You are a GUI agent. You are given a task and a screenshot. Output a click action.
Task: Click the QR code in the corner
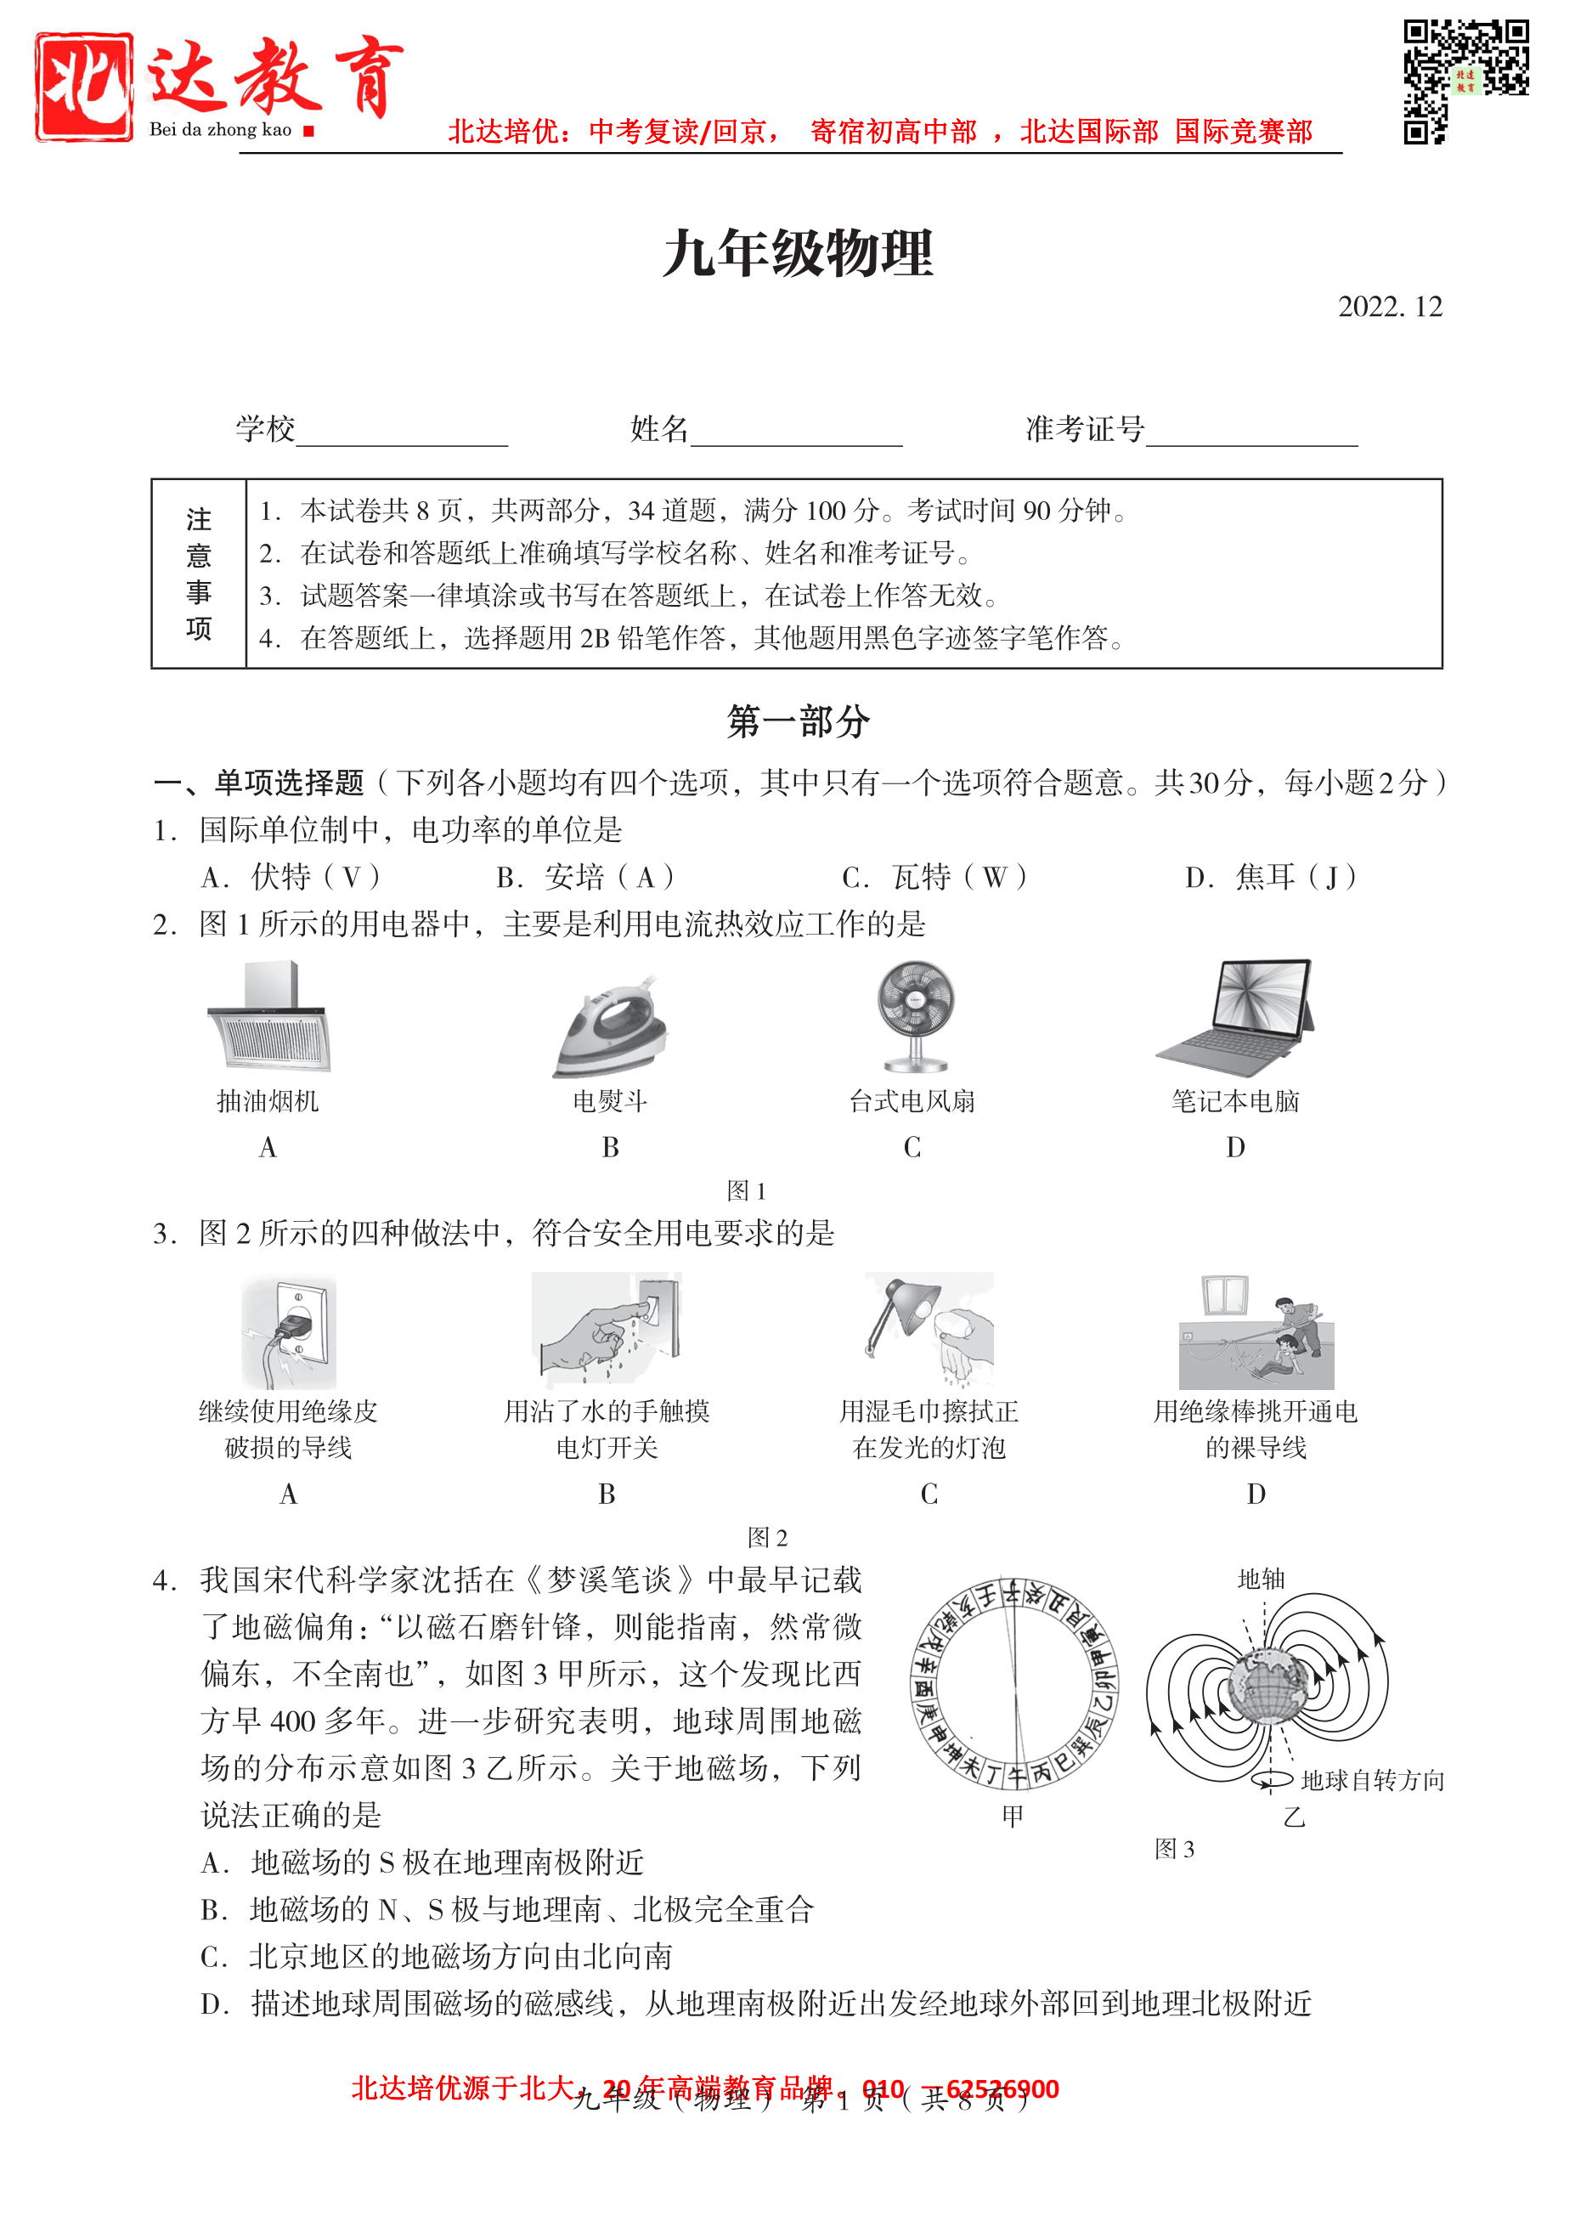[x=1465, y=82]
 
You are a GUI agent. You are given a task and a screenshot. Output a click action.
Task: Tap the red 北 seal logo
[x=84, y=88]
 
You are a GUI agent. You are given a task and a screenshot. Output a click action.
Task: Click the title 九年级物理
[x=797, y=254]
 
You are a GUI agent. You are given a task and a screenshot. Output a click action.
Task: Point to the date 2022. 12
[x=1389, y=307]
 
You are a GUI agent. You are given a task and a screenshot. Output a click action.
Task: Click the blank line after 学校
[x=401, y=432]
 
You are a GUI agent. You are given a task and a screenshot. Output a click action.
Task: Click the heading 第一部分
[x=797, y=721]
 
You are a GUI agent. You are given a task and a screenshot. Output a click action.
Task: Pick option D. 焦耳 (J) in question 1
[x=1271, y=876]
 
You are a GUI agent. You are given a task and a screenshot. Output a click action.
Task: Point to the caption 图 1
[x=746, y=1190]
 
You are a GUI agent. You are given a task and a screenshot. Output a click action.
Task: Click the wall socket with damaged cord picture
[x=288, y=1332]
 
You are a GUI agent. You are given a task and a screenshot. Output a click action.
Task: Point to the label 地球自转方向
[x=1373, y=1779]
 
